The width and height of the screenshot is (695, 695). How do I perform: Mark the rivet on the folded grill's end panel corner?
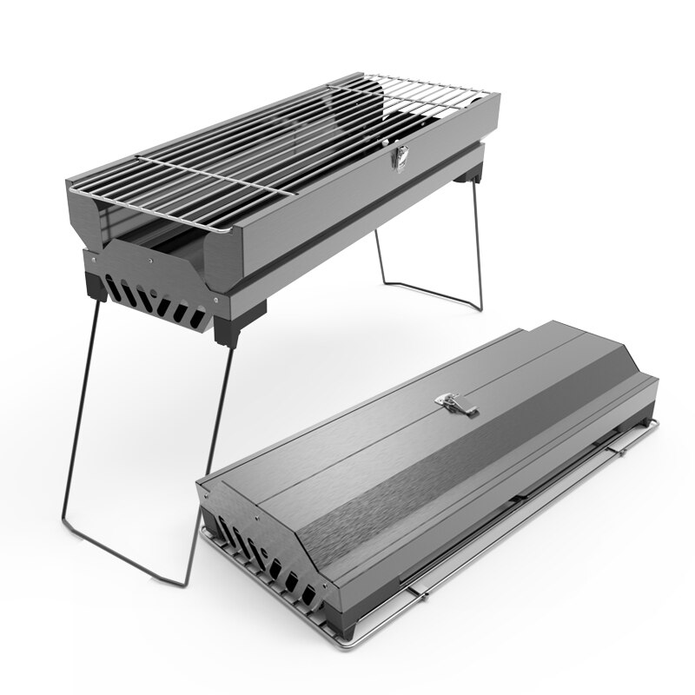(x=205, y=493)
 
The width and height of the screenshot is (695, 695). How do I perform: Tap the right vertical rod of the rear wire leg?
(x=478, y=243)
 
